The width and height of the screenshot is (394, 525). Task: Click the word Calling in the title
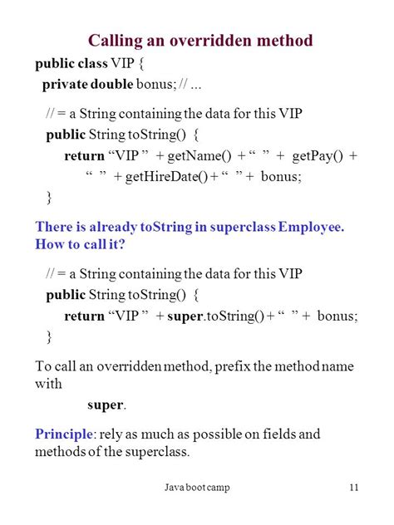pyautogui.click(x=118, y=41)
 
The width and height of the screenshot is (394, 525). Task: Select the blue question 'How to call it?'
pyautogui.click(x=78, y=244)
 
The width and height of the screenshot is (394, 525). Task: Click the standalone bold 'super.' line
pyautogui.click(x=106, y=405)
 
